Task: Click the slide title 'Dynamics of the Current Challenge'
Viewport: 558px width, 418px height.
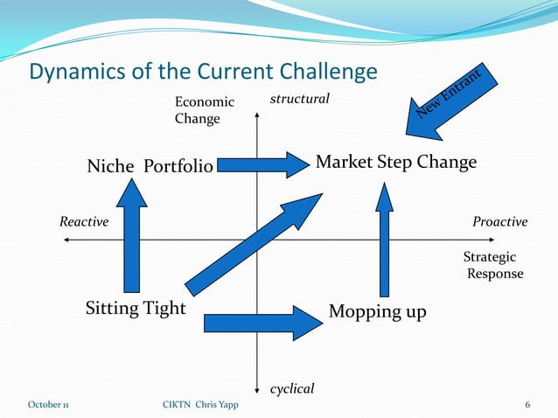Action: pyautogui.click(x=203, y=72)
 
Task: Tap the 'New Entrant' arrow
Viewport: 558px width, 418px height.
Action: pyautogui.click(x=451, y=102)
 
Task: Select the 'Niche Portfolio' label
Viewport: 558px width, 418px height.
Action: pyautogui.click(x=150, y=166)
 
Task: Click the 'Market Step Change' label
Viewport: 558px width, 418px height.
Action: pyautogui.click(x=396, y=163)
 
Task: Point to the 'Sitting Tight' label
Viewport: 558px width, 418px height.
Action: pyautogui.click(x=136, y=308)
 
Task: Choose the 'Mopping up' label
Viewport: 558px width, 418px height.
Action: pyautogui.click(x=377, y=311)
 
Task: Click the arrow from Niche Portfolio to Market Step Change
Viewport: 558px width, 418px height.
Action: pyautogui.click(x=263, y=165)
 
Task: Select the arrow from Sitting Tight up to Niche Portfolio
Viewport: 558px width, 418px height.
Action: pyautogui.click(x=132, y=235)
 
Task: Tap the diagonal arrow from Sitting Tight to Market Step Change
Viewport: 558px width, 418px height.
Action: pyautogui.click(x=255, y=245)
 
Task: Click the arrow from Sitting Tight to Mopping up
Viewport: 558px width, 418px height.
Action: pyautogui.click(x=264, y=323)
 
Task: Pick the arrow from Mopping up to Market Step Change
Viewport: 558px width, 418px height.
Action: pyautogui.click(x=384, y=240)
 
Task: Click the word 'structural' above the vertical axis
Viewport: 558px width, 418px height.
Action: pyautogui.click(x=300, y=99)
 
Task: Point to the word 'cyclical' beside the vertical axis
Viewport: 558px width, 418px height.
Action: pyautogui.click(x=292, y=389)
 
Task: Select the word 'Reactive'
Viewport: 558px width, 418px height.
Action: pyautogui.click(x=84, y=221)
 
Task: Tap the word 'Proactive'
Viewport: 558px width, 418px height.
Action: pyautogui.click(x=500, y=222)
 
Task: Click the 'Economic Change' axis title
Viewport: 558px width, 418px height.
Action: pyautogui.click(x=205, y=110)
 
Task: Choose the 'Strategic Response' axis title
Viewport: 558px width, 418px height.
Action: pyautogui.click(x=493, y=265)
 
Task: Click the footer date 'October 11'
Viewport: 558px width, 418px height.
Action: pyautogui.click(x=48, y=405)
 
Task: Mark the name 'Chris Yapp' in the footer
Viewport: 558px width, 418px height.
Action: pyautogui.click(x=217, y=405)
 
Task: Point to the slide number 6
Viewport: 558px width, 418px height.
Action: pyautogui.click(x=527, y=405)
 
